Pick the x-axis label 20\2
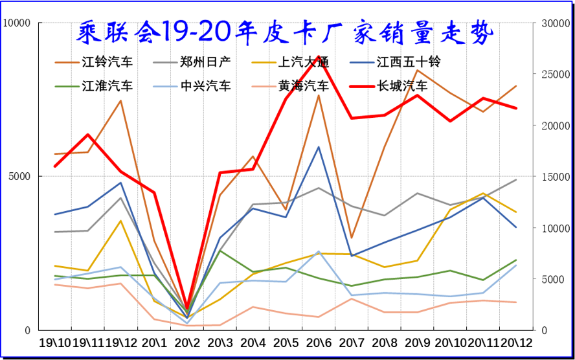187,342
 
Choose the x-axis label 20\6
319,342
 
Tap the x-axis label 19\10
55,342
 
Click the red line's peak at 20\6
319,56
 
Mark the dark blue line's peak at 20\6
319,147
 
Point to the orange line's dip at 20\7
352,238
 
